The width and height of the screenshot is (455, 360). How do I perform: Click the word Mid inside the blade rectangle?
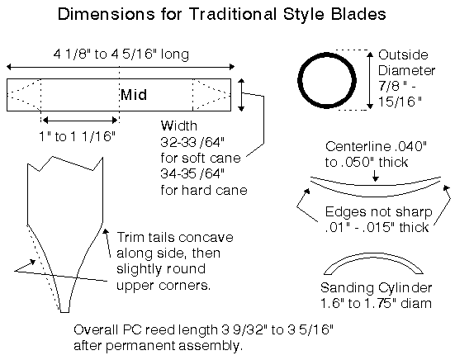coord(134,95)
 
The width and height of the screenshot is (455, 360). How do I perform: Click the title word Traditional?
coord(233,14)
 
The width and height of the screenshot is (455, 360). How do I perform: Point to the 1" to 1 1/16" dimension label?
coord(77,135)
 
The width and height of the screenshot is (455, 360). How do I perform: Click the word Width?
coord(179,126)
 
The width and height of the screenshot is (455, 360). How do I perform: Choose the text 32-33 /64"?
coord(192,142)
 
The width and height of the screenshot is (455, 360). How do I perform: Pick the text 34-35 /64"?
coord(192,173)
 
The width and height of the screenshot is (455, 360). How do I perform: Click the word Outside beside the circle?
coord(403,54)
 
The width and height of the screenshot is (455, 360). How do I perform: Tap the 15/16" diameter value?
coord(400,102)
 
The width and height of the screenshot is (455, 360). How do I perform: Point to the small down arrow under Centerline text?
coord(376,176)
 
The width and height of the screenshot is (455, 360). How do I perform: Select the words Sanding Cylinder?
coord(377,288)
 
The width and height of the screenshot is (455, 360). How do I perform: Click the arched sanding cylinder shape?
coord(373,255)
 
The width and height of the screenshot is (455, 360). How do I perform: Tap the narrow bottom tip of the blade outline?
coord(64,311)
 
